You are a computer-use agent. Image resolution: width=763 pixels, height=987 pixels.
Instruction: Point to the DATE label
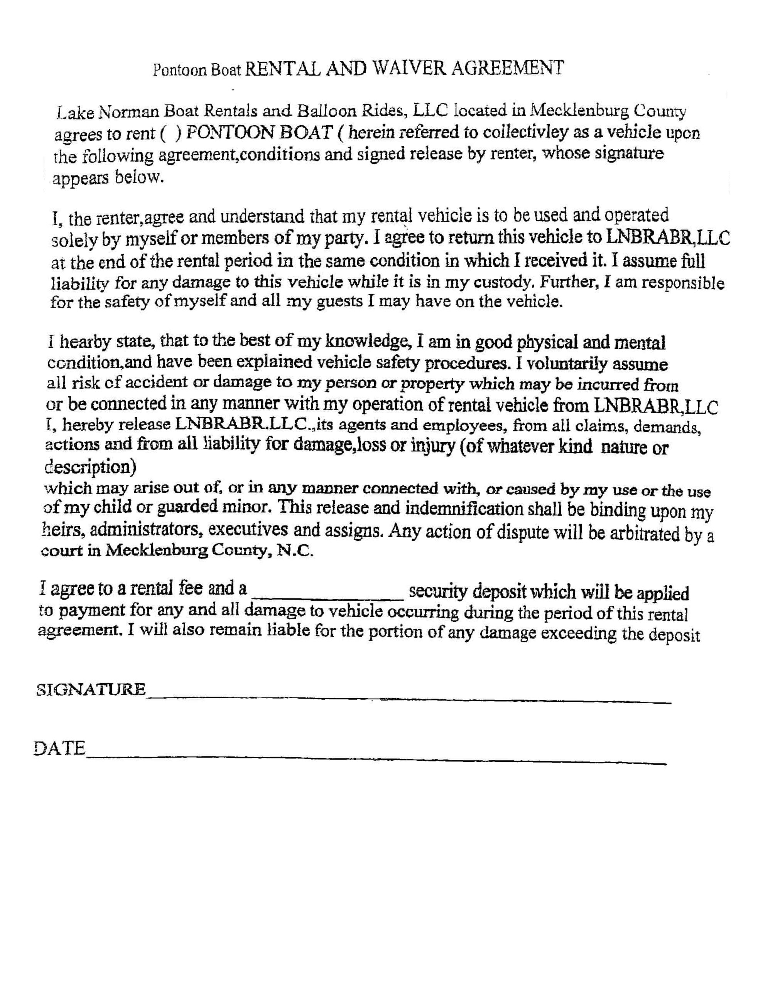click(x=59, y=748)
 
